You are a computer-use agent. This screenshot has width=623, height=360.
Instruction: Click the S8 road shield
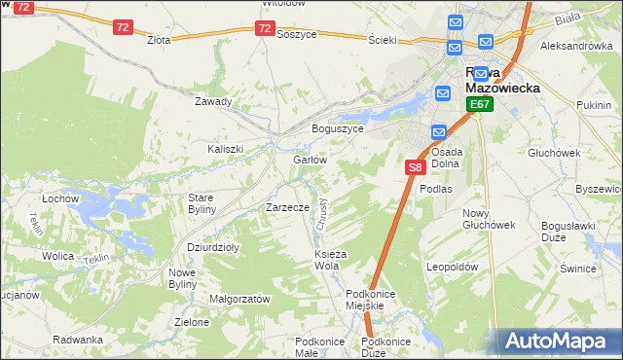coord(415,167)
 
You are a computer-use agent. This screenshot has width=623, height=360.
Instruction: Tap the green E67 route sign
coord(478,104)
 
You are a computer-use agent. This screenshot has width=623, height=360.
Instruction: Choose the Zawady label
coord(213,101)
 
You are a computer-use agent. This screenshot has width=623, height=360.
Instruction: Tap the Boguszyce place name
coord(337,128)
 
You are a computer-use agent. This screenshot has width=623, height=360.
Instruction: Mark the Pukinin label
coord(593,104)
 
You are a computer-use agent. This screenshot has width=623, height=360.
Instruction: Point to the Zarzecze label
coord(287,207)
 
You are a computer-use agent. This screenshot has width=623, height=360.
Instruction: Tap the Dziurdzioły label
coord(212,247)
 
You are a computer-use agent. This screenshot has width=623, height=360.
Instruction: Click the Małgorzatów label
coord(238,300)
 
